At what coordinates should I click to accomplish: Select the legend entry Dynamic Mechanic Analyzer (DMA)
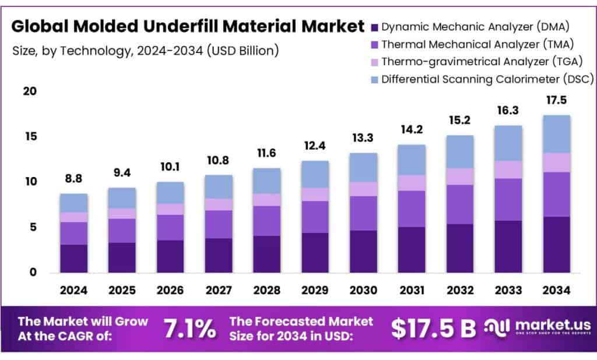pyautogui.click(x=475, y=26)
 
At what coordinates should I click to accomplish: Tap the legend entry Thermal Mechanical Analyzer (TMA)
pyautogui.click(x=475, y=44)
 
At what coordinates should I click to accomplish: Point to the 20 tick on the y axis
pyautogui.click(x=29, y=91)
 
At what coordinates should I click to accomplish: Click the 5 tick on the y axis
pyautogui.click(x=33, y=227)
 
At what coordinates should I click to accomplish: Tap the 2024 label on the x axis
pyautogui.click(x=74, y=290)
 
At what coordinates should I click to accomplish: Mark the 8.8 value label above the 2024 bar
pyautogui.click(x=74, y=180)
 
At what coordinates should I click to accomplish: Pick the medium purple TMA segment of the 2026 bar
pyautogui.click(x=170, y=227)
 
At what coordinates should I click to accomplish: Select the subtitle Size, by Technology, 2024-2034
pyautogui.click(x=145, y=51)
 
